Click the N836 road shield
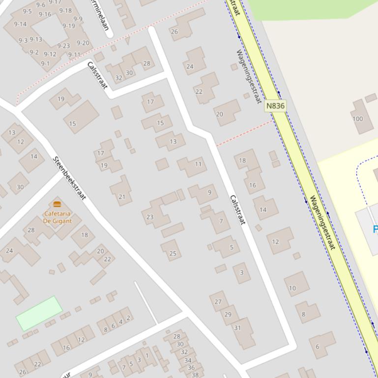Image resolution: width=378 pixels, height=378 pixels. point(275,106)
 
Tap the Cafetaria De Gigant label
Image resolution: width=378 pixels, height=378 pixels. point(58,217)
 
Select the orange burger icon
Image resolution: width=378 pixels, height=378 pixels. point(57,204)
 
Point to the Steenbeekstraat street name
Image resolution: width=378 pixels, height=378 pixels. point(69,178)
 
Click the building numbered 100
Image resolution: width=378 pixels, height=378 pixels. point(357,119)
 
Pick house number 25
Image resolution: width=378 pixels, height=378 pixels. point(173,253)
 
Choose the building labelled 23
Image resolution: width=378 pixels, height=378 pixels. point(150,216)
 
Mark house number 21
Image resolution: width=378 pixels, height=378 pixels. point(121,197)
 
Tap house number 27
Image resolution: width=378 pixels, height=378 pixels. point(218,302)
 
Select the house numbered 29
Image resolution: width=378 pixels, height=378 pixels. point(228,314)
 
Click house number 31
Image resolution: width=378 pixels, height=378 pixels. point(237,328)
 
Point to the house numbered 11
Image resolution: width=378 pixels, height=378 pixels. point(198,164)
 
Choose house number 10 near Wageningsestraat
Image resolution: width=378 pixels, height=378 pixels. point(292,288)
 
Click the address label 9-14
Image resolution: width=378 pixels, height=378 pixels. point(20,24)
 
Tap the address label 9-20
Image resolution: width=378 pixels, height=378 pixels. point(83,43)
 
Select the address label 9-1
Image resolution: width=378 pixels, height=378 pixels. point(45,63)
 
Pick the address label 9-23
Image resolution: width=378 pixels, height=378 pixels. point(63,46)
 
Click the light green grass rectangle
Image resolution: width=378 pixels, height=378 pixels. point(39,313)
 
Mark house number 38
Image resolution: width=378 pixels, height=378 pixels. point(195,375)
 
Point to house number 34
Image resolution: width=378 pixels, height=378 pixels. point(188,360)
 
